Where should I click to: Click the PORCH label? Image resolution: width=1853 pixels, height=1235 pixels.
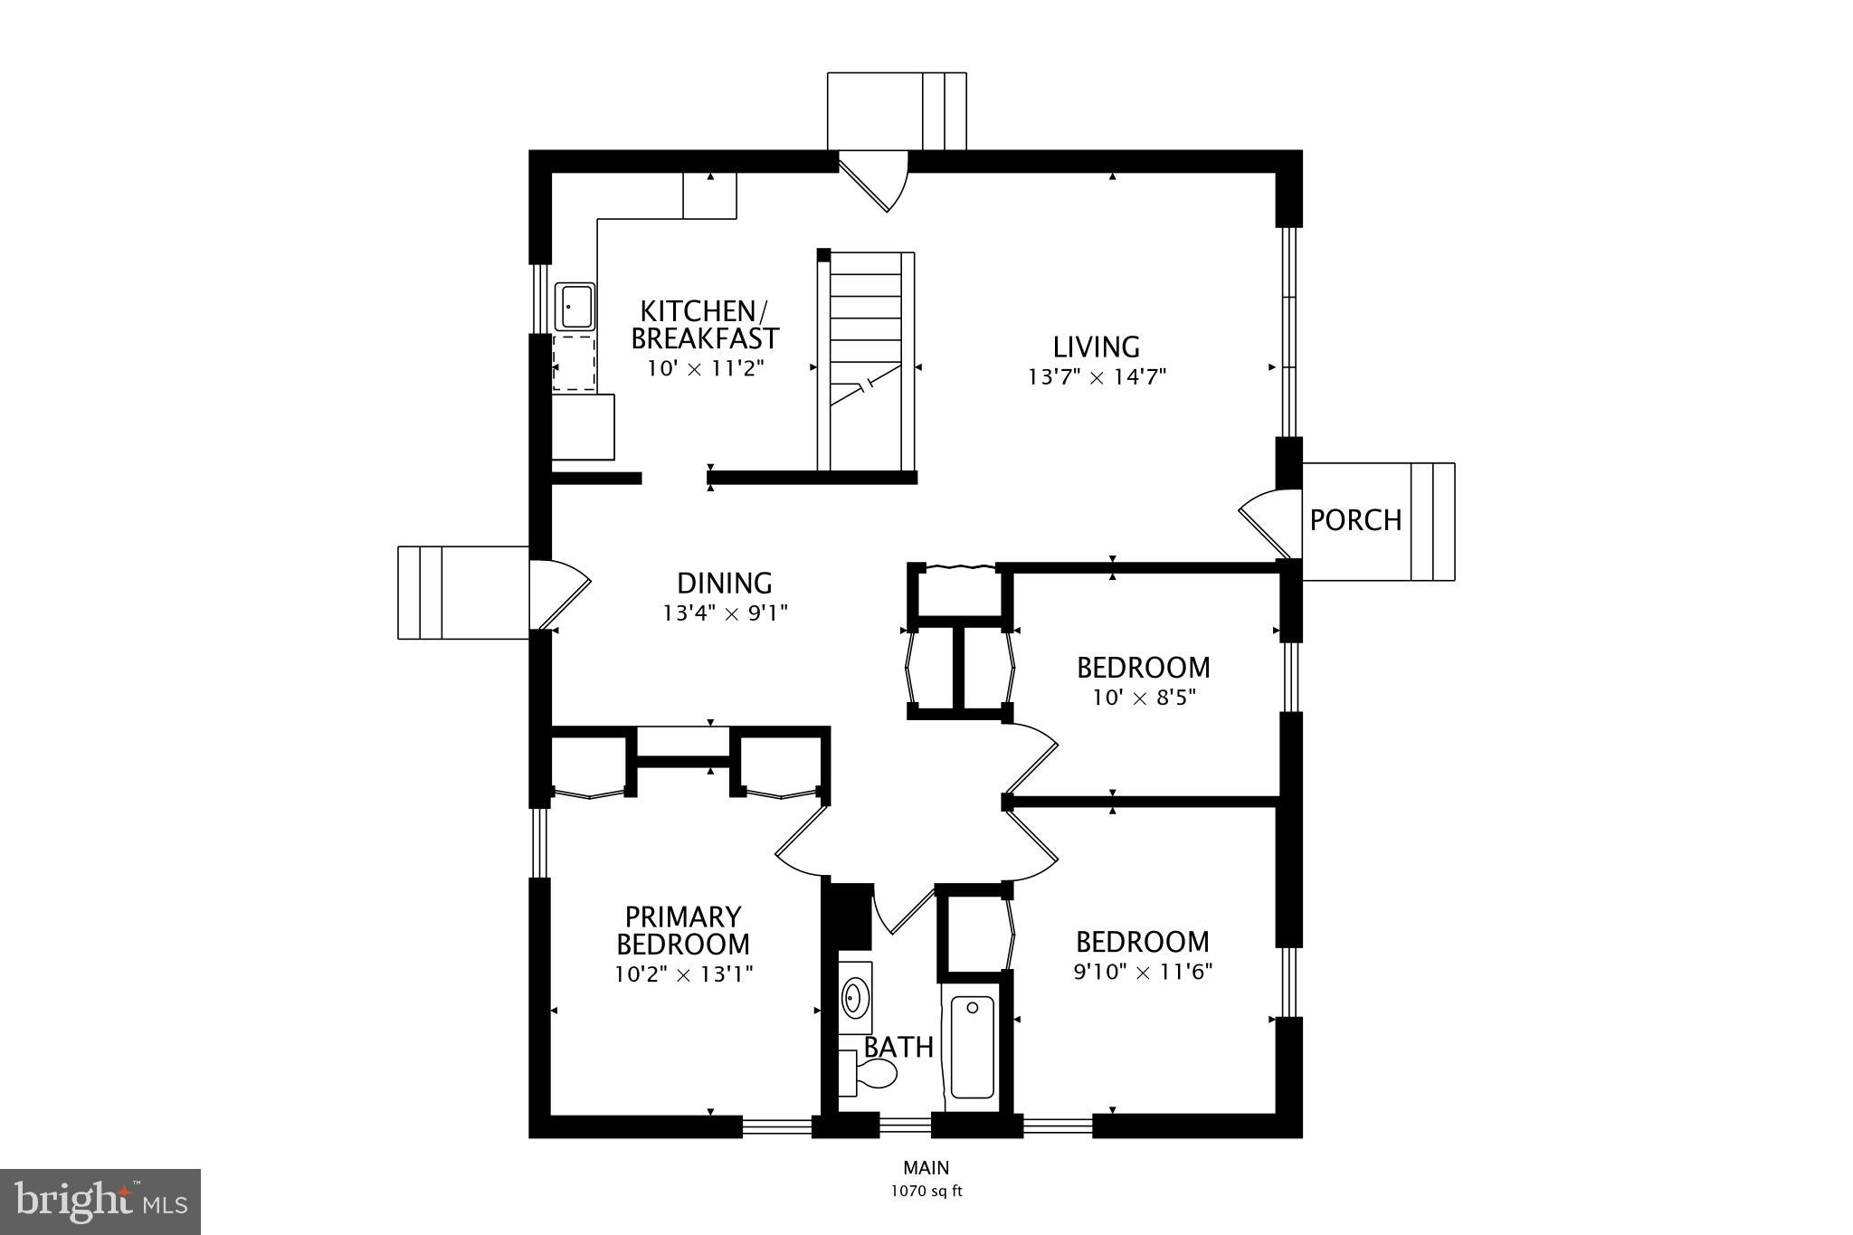(x=1355, y=520)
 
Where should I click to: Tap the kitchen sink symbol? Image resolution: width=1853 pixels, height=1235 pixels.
(x=575, y=307)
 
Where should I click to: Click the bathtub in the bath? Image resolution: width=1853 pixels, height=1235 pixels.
(x=973, y=1047)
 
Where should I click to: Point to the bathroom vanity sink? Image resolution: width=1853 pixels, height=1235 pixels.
(x=853, y=998)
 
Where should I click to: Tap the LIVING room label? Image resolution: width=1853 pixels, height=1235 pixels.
(x=1096, y=347)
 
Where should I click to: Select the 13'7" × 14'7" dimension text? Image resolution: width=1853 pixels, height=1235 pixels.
(x=1097, y=377)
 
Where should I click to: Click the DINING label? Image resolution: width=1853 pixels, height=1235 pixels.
(x=724, y=583)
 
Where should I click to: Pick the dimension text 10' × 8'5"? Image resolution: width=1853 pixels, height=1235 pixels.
(x=1143, y=698)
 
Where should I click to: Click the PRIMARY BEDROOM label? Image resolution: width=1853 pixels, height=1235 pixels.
(x=683, y=930)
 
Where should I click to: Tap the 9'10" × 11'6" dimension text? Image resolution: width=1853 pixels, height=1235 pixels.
(x=1143, y=973)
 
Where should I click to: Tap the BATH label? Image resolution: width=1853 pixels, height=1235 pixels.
(x=898, y=1047)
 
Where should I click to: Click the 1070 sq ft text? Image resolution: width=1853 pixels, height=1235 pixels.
(x=926, y=1192)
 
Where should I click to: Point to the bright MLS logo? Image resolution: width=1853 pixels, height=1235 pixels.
(x=100, y=1202)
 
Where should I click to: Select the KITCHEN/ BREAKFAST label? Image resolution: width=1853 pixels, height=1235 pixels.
(x=704, y=325)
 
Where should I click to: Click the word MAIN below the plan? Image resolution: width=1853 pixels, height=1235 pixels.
(x=926, y=1168)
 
